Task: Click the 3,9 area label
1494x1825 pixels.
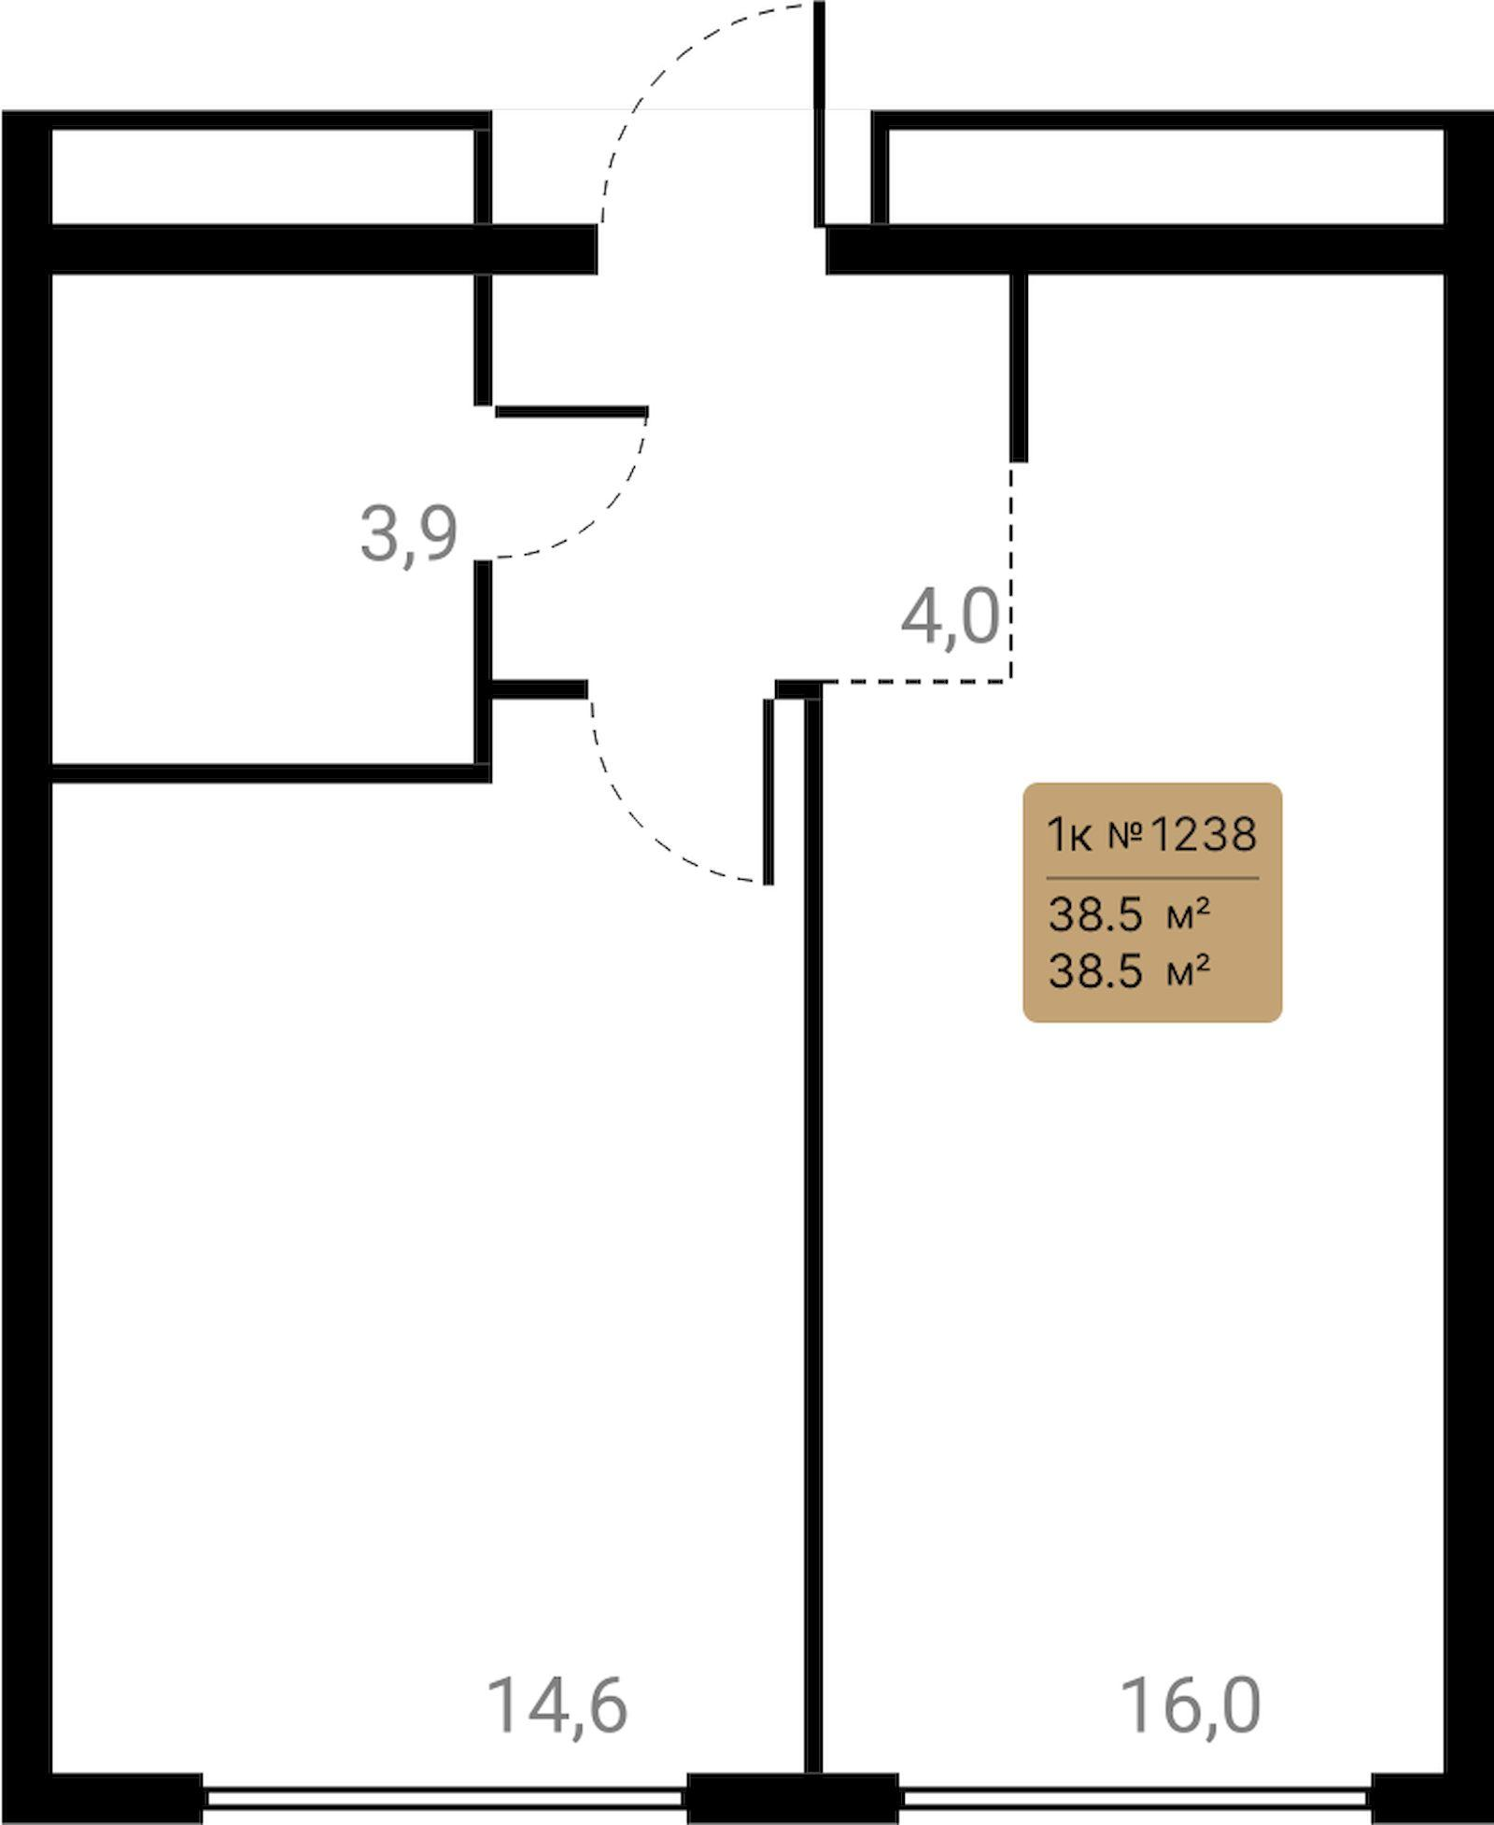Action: tap(409, 535)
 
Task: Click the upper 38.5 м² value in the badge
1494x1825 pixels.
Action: tap(1129, 914)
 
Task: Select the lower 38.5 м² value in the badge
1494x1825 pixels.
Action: tap(1129, 971)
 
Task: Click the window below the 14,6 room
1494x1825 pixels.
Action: tap(444, 1798)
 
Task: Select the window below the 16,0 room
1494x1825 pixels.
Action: tap(1135, 1798)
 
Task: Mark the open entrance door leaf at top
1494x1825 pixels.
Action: tap(820, 114)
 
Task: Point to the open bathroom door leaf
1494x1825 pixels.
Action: tap(571, 411)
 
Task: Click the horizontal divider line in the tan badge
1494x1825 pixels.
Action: tap(1153, 878)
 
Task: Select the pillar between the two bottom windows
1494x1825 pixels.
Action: tap(793, 1797)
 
